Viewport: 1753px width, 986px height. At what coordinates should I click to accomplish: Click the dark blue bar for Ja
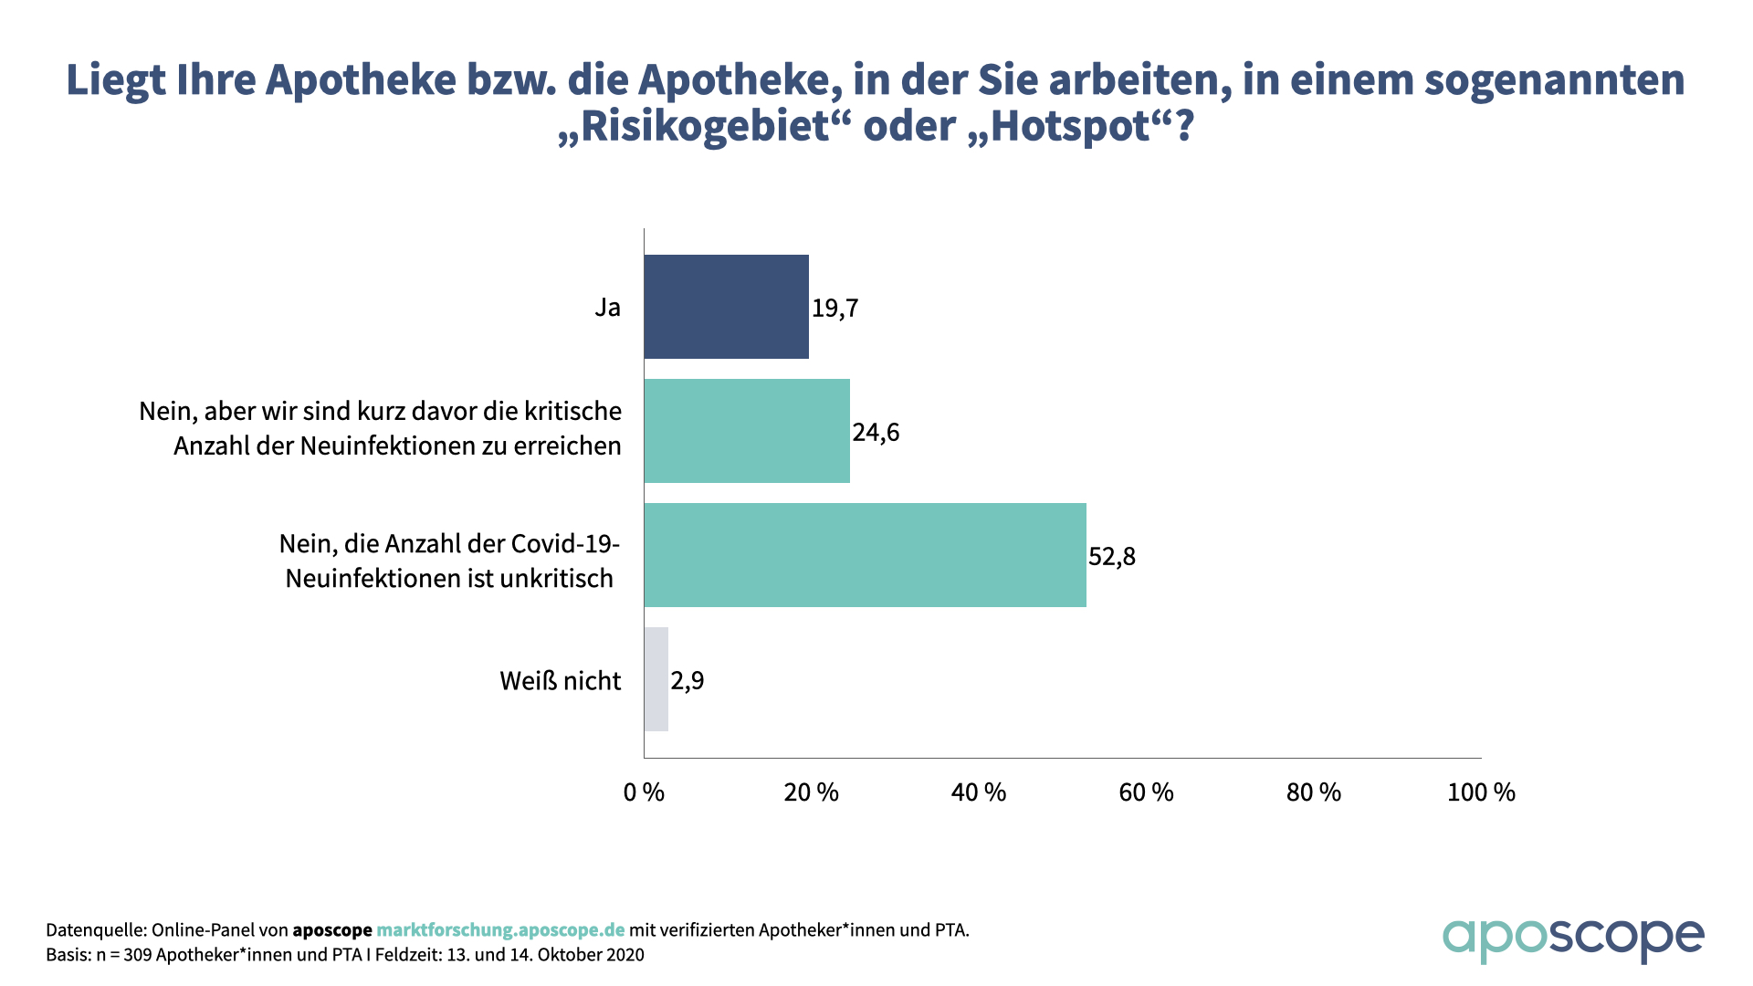pos(726,307)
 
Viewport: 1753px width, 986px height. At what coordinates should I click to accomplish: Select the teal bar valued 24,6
pos(747,431)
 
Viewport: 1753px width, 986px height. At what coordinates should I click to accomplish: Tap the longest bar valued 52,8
pos(865,555)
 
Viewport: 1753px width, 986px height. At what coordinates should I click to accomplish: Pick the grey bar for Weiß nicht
pos(656,679)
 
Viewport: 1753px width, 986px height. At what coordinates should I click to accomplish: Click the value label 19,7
pos(835,309)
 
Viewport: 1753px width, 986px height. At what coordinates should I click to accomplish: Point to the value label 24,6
pos(876,433)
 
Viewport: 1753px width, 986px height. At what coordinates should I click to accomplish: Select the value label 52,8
pos(1112,557)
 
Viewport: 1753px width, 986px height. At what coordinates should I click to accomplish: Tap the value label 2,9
pos(688,681)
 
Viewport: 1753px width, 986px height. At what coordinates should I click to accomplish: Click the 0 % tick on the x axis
pos(644,792)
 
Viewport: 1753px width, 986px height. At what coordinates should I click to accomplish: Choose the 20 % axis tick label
pos(811,792)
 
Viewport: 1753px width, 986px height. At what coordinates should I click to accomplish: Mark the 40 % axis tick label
pos(978,792)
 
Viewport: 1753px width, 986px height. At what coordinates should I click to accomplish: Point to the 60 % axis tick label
pos(1146,792)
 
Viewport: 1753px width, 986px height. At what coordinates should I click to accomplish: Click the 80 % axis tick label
pos(1313,792)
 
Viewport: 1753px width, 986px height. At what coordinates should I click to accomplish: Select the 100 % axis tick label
pos(1480,792)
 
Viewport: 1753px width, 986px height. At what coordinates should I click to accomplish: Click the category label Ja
pos(607,308)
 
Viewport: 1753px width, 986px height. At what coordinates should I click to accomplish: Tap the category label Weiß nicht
pos(560,681)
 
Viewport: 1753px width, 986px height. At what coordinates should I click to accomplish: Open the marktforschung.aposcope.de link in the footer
pos(500,930)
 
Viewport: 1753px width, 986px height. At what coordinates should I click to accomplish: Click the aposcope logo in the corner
pos(1572,939)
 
